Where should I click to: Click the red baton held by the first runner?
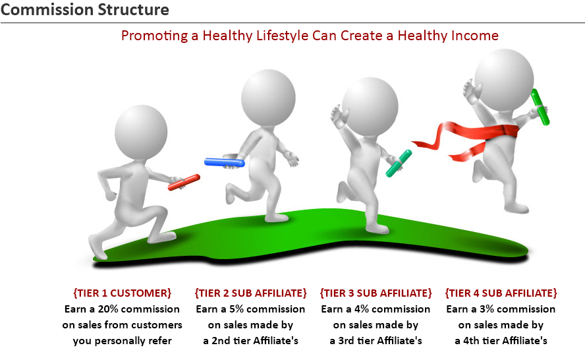pyautogui.click(x=184, y=182)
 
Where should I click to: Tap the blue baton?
pyautogui.click(x=224, y=162)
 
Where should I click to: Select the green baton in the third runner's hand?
pyautogui.click(x=399, y=164)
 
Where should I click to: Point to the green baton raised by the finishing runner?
pyautogui.click(x=540, y=107)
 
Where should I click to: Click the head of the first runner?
pyautogui.click(x=141, y=133)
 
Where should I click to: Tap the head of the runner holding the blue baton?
pyautogui.click(x=268, y=98)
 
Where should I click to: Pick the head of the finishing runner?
pyautogui.click(x=504, y=80)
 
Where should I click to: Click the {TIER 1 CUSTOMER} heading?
pyautogui.click(x=123, y=293)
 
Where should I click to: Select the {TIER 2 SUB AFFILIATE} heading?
pyautogui.click(x=251, y=293)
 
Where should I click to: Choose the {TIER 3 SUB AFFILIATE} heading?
pyautogui.click(x=376, y=293)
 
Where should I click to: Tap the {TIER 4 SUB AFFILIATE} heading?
pyautogui.click(x=501, y=293)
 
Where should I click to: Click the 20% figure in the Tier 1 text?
pyautogui.click(x=108, y=309)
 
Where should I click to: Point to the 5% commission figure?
pyautogui.click(x=236, y=309)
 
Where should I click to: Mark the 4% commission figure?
pyautogui.click(x=362, y=309)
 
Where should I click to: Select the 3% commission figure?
pyautogui.click(x=487, y=309)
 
